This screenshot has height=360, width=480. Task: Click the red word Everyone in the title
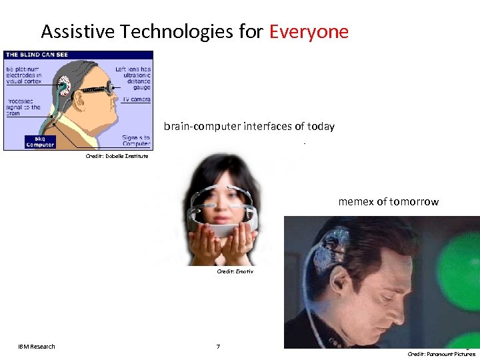309,31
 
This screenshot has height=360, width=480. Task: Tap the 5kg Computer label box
40,141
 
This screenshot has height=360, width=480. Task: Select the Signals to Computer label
136,141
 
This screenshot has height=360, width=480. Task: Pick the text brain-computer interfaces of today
249,127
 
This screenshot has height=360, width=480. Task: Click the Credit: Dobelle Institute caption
117,156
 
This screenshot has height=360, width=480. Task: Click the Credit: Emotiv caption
235,271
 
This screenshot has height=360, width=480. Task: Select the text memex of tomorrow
389,201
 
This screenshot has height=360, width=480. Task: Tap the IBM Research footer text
37,346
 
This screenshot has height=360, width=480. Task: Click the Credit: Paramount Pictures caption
441,354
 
